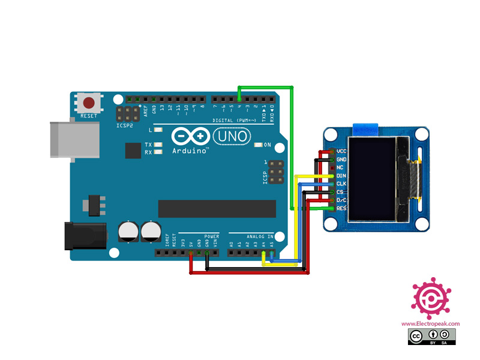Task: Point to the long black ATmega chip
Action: pos(217,208)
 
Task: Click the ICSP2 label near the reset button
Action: pos(125,126)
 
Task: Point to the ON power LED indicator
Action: pos(259,145)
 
